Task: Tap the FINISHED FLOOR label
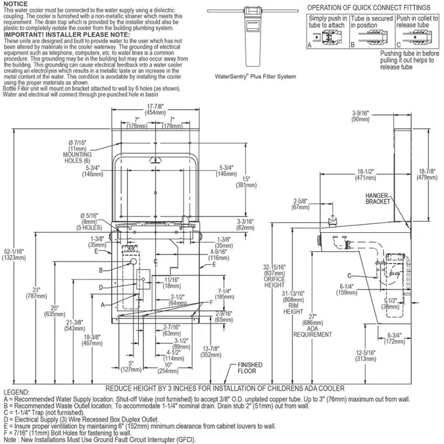(250, 369)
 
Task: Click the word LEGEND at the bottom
(16, 391)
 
